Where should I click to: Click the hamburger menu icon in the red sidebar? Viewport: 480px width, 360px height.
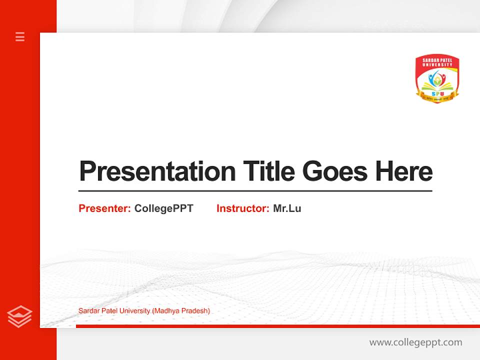[20, 36]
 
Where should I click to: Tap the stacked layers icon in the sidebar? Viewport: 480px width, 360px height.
[20, 316]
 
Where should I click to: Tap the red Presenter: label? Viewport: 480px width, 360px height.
[104, 208]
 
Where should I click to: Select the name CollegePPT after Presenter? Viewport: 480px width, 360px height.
[163, 208]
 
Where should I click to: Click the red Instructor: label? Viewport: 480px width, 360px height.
[242, 208]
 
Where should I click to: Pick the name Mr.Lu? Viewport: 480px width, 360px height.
[287, 208]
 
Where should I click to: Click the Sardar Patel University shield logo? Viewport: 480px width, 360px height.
[437, 79]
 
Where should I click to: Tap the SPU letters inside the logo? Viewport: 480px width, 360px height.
[437, 93]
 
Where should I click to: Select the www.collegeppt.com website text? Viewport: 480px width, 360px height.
[415, 342]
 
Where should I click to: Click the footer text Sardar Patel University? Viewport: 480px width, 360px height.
[114, 311]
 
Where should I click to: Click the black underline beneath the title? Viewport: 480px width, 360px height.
[255, 191]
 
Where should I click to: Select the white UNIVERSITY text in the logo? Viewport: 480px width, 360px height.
[437, 64]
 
